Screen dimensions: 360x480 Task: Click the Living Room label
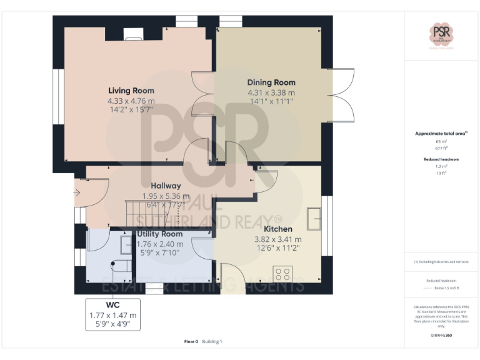[x=131, y=91]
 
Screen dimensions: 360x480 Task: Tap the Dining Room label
[x=271, y=82]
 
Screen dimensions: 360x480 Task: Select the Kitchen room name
[x=277, y=229]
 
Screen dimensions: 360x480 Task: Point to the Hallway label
[x=166, y=186]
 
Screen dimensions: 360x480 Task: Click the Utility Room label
[x=160, y=234]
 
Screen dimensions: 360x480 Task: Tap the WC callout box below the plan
[x=112, y=314]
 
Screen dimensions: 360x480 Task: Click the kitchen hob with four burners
[x=282, y=272]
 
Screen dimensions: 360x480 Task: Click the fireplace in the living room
[x=133, y=34]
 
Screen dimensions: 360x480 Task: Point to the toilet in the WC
[x=119, y=267]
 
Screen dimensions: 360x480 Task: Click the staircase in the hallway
[x=150, y=212]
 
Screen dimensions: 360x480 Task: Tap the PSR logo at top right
[x=441, y=33]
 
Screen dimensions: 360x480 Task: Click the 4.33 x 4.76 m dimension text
[x=131, y=100]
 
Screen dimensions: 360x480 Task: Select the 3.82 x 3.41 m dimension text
[x=277, y=239]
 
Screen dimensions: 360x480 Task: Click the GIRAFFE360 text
[x=441, y=336]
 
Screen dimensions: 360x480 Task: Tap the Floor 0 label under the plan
[x=191, y=342]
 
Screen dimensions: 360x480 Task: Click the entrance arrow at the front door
[x=77, y=194]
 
